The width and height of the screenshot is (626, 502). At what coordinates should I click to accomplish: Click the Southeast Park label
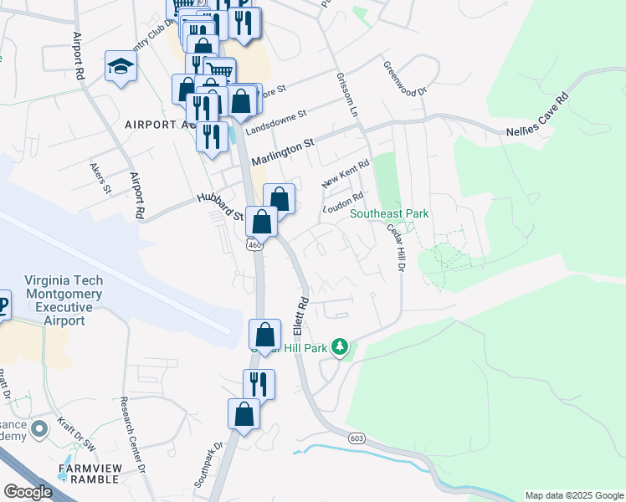click(389, 214)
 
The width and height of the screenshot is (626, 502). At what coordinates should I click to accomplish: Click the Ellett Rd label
click(302, 318)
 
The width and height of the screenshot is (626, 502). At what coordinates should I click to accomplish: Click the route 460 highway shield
click(254, 244)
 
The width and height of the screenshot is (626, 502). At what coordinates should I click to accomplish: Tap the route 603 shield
click(357, 438)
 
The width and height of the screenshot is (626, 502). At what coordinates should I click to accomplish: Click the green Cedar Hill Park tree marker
click(339, 346)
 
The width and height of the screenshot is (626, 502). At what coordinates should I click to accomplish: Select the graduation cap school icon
click(121, 67)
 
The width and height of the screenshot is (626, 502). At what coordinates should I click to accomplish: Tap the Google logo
click(28, 492)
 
